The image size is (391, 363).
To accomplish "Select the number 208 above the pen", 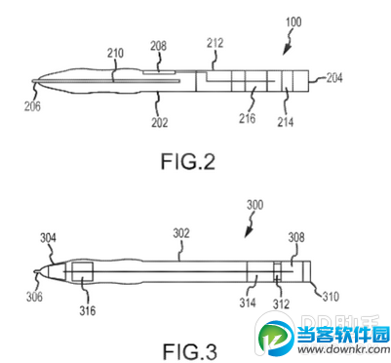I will [159, 46].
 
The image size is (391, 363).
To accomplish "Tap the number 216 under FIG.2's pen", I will [250, 118].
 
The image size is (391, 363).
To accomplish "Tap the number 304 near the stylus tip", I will [48, 237].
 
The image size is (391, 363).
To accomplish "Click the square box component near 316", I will [80, 271].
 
